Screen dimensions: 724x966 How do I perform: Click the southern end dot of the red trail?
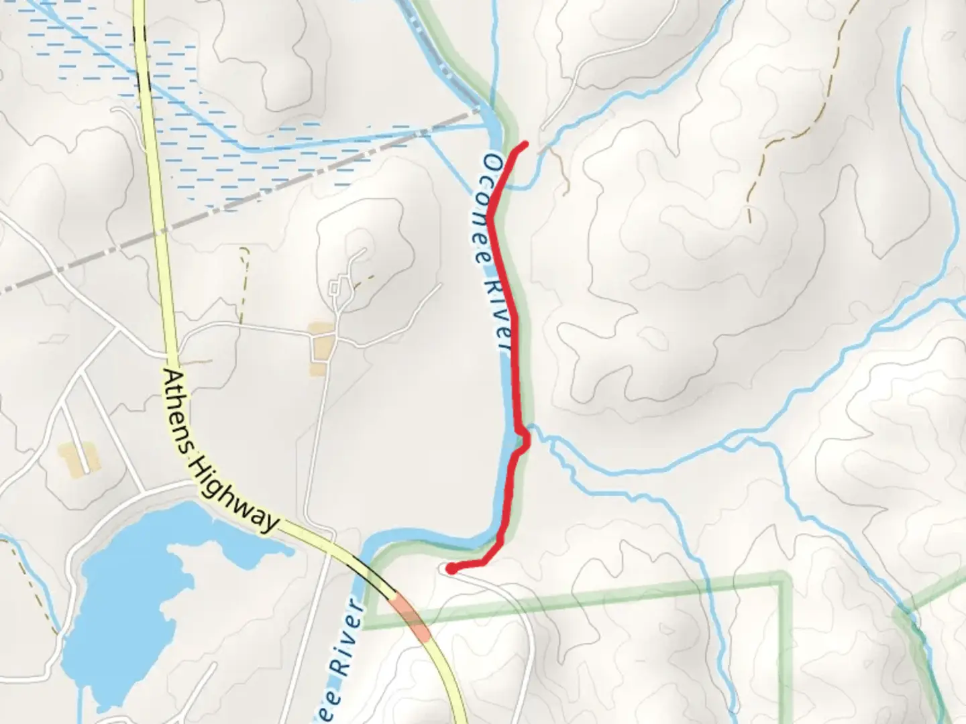point(451,570)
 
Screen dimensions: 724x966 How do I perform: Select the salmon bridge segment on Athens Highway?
point(411,617)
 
